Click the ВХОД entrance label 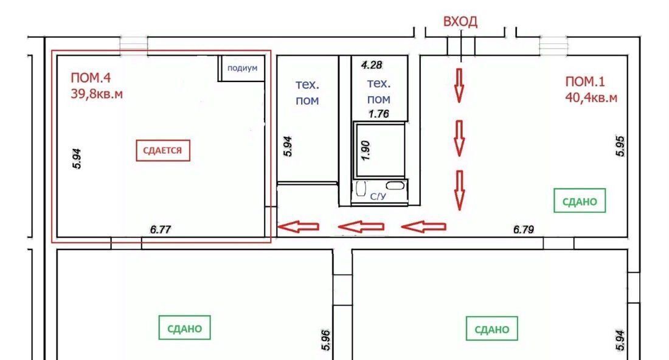click(460, 21)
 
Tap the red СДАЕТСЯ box click(163, 151)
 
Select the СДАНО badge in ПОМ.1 click(580, 201)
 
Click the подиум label click(242, 68)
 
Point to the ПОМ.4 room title click(91, 78)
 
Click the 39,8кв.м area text click(97, 94)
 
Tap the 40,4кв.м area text click(591, 97)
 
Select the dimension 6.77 click(161, 229)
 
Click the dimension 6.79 click(524, 229)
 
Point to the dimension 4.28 click(372, 65)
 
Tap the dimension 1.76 click(379, 114)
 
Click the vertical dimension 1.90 click(366, 151)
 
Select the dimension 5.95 click(620, 147)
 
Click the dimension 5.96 click(325, 340)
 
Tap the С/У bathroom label click(378, 196)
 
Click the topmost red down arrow click(459, 86)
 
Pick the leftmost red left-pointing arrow click(298, 226)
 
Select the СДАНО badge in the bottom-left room click(185, 328)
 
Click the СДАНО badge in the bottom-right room click(492, 329)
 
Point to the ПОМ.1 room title click(585, 81)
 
